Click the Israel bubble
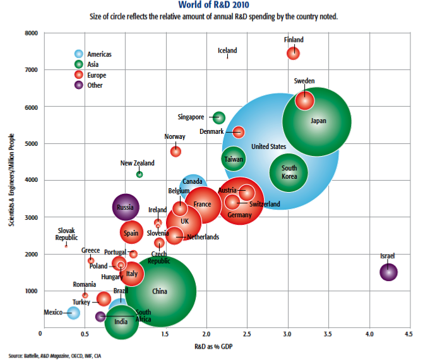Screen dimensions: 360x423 coord(388,272)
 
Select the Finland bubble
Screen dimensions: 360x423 coord(294,53)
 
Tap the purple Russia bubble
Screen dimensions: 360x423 coord(126,207)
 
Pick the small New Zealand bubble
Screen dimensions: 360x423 coord(140,174)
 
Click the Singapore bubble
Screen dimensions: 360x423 coord(218,117)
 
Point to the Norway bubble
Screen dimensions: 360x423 coord(176,151)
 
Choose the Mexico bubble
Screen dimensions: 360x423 coord(73,312)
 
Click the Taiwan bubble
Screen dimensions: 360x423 coord(234,159)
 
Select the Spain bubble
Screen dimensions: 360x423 coord(131,232)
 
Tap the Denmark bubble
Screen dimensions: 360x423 coord(238,131)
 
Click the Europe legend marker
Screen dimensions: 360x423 coord(78,75)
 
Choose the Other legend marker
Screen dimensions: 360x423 coord(78,86)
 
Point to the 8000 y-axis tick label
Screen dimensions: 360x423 coord(30,33)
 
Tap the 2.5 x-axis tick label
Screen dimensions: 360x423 coord(246,333)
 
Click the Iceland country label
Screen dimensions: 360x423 coord(227,51)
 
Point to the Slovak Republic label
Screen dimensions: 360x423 coord(66,234)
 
